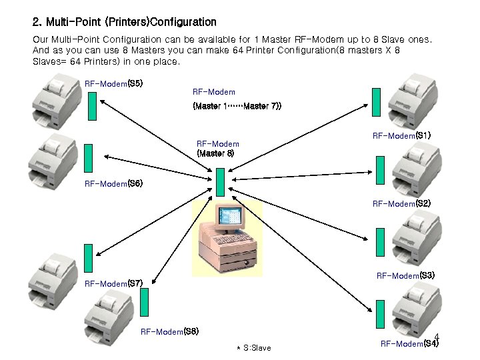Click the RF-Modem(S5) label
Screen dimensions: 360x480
tap(113, 83)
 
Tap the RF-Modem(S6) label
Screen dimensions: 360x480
tap(113, 183)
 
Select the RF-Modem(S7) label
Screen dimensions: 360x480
tap(113, 283)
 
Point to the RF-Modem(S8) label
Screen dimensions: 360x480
tap(169, 331)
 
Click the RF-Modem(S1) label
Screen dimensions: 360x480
tap(401, 135)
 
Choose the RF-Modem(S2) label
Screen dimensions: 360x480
tap(401, 203)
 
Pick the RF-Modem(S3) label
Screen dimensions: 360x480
tap(405, 275)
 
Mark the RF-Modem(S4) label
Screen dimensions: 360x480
tap(409, 344)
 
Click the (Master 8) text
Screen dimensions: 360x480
tap(215, 153)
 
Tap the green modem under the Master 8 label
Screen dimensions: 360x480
tap(221, 181)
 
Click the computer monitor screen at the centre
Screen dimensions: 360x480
tap(231, 217)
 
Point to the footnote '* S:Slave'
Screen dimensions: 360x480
tap(254, 348)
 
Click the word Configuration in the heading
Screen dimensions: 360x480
tap(183, 23)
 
